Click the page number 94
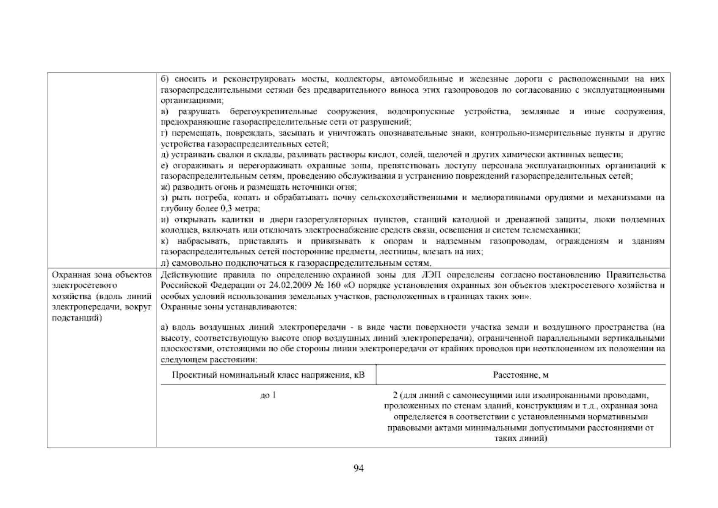[359, 468]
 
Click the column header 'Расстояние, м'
[521, 375]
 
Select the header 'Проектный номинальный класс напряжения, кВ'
[268, 375]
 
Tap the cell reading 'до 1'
[268, 395]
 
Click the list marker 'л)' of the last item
[165, 263]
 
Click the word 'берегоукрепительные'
[273, 112]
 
